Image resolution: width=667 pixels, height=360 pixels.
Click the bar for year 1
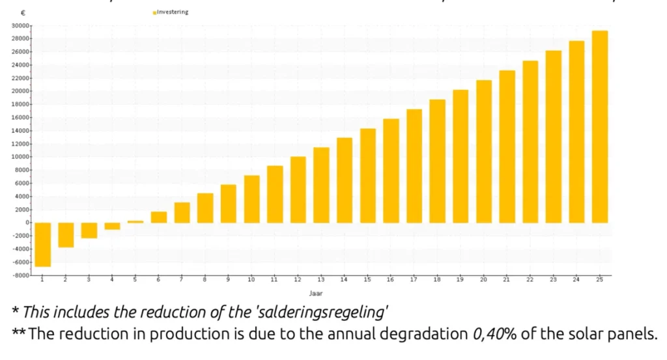pyautogui.click(x=43, y=244)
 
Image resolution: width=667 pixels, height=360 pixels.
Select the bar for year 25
pyautogui.click(x=600, y=127)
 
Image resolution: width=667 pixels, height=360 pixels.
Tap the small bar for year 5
pyautogui.click(x=135, y=222)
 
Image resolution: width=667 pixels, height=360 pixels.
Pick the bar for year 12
pyautogui.click(x=298, y=189)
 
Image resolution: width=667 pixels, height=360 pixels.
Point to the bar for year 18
pyautogui.click(x=437, y=161)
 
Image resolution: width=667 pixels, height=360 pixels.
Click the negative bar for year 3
pyautogui.click(x=89, y=230)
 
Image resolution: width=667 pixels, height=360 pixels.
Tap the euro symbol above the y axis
pyautogui.click(x=23, y=13)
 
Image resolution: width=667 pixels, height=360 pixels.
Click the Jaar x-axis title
pyautogui.click(x=315, y=293)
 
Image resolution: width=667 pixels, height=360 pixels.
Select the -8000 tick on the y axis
pyautogui.click(x=20, y=275)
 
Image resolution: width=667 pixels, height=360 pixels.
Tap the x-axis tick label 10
pyautogui.click(x=251, y=279)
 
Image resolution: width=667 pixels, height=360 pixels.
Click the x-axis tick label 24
pyautogui.click(x=576, y=279)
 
